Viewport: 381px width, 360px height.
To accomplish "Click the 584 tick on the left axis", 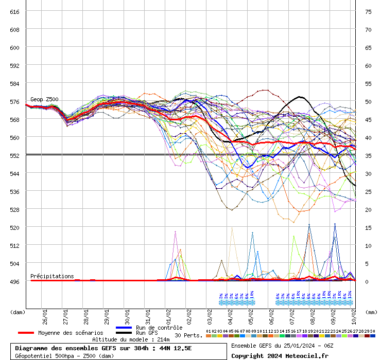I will point(14,83).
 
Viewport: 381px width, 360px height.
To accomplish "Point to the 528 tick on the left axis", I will point(14,209).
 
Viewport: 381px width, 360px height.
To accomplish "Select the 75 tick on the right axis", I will point(368,11).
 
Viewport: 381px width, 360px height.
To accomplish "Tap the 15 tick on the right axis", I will point(368,227).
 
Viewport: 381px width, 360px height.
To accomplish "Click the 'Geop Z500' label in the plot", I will point(44,99).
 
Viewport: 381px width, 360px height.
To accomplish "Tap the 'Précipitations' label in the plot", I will point(52,276).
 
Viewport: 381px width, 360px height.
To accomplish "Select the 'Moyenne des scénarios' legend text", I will point(71,333).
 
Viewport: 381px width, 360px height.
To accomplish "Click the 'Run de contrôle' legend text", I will point(159,328).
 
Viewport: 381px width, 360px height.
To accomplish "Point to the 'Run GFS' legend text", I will point(147,333).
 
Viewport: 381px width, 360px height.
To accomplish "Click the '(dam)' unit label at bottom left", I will point(18,312).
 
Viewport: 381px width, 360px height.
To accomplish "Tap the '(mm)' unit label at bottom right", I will point(371,312).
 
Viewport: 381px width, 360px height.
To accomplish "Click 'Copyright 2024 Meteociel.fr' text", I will point(280,355).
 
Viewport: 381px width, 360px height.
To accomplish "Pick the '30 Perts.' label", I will point(188,335).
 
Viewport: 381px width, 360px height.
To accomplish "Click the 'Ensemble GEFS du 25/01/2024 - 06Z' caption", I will point(282,345).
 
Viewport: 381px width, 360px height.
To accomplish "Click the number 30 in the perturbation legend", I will point(372,331).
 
